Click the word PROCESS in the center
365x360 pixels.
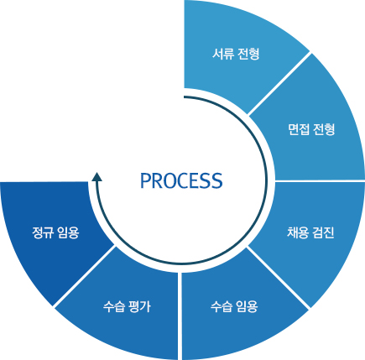(x=181, y=180)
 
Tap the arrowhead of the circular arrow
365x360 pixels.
(x=96, y=176)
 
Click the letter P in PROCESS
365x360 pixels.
(x=146, y=180)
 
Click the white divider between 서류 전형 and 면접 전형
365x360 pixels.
(x=279, y=83)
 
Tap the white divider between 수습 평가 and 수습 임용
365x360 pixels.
(x=180, y=316)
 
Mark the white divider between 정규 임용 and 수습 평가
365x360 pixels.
(x=83, y=276)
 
